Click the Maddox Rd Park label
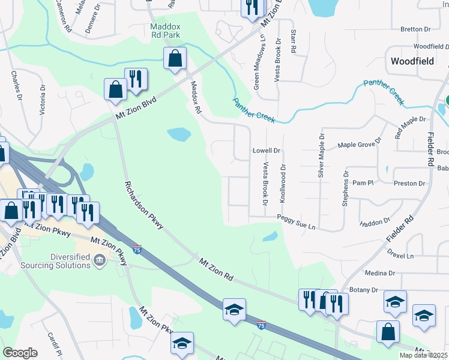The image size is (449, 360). (164, 31)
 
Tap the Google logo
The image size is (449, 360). (20, 353)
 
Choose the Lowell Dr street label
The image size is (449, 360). (266, 151)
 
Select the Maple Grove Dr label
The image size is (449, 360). (360, 144)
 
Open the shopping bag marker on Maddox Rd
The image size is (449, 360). (175, 59)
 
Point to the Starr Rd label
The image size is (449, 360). (294, 41)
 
